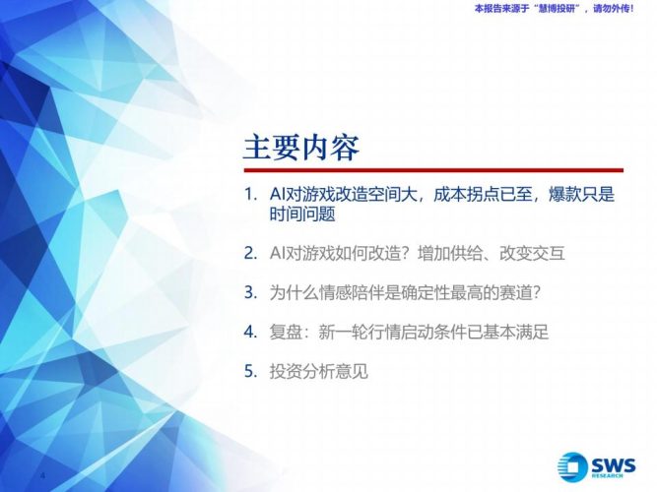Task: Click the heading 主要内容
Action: [x=301, y=147]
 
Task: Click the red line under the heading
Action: [x=433, y=170]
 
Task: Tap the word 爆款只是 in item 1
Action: [x=582, y=195]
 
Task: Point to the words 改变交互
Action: [x=533, y=253]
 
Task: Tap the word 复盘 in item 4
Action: [x=286, y=332]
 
